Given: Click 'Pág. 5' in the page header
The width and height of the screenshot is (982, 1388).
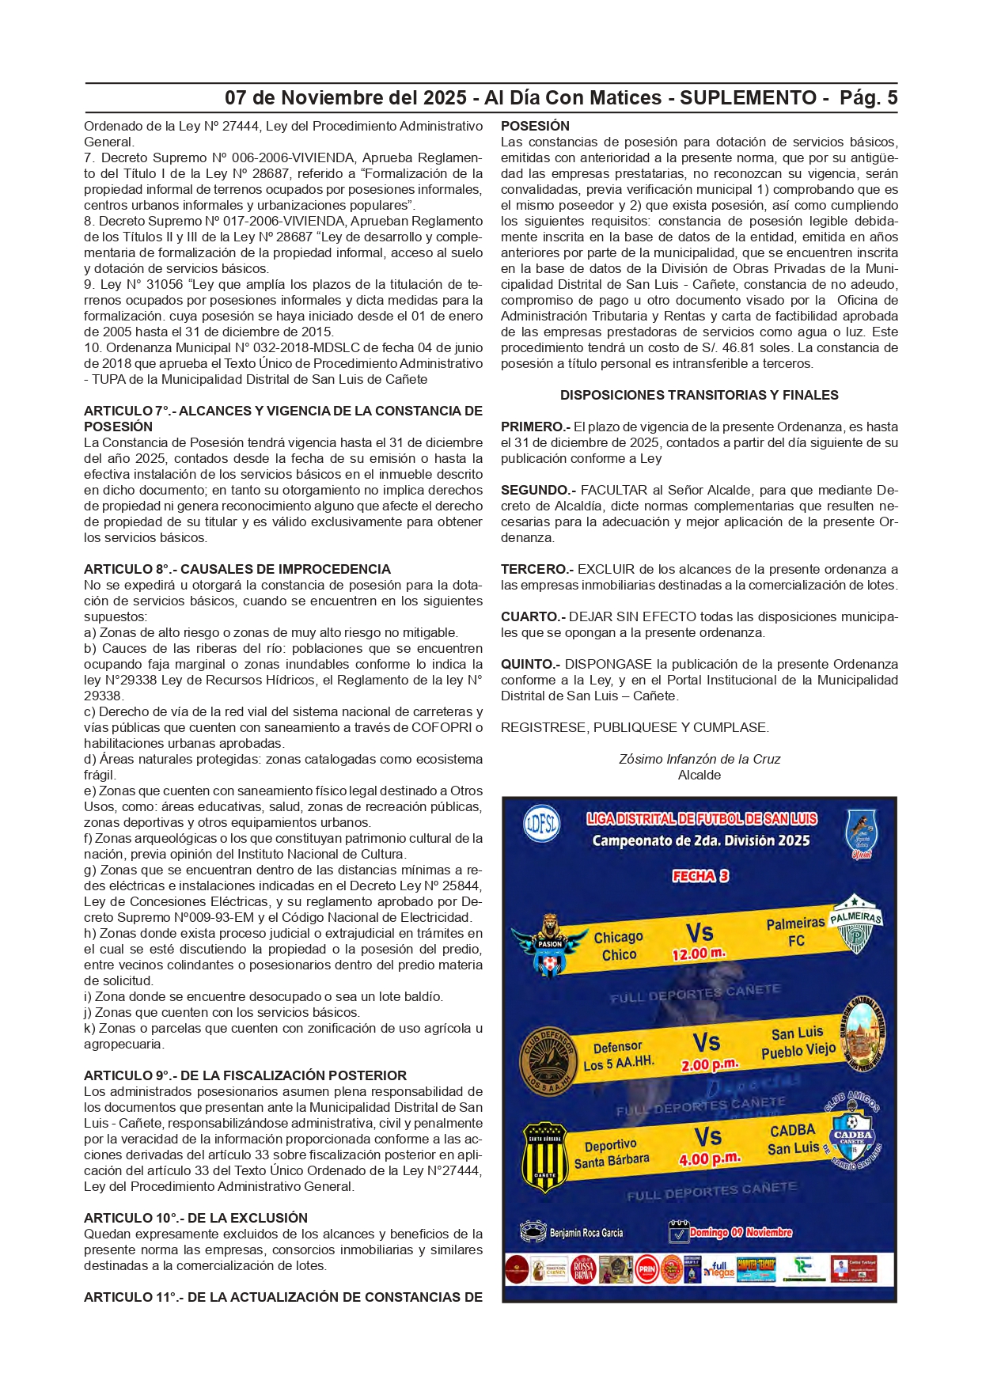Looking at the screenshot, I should [868, 98].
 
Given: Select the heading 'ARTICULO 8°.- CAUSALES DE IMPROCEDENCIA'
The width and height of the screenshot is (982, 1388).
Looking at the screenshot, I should [237, 569].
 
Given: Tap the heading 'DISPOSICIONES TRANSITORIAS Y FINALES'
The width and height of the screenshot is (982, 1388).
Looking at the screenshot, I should [699, 395].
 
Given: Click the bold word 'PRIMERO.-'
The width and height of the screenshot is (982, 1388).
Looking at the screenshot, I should [536, 427].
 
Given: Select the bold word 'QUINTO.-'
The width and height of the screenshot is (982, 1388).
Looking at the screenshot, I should [530, 664].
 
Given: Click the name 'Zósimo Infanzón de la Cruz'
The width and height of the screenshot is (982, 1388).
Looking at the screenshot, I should [699, 759].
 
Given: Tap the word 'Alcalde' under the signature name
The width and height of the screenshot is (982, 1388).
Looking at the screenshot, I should [699, 775].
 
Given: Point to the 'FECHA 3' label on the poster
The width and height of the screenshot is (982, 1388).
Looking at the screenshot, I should [700, 875].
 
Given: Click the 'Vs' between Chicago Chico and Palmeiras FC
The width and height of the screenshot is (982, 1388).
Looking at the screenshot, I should [700, 932].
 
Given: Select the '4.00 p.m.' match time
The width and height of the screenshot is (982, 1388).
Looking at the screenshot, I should [709, 1159].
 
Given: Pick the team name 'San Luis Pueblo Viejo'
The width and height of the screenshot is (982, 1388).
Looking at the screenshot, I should [798, 1042].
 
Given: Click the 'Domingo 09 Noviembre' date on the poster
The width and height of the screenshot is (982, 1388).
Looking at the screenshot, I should [740, 1232].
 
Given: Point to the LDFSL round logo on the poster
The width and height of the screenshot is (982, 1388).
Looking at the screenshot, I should [541, 825].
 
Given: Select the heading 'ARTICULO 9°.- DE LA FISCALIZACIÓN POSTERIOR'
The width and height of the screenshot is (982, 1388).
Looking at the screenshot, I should [245, 1075].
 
